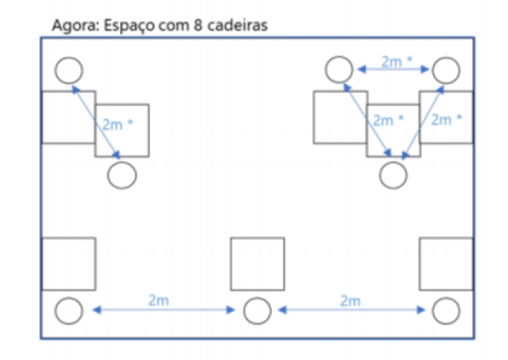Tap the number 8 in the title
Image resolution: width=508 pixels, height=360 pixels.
click(195, 26)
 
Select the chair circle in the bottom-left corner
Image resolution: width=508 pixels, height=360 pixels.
click(69, 311)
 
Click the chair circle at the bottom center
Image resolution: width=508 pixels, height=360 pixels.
click(257, 311)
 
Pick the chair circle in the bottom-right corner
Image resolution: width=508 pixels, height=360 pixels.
click(446, 311)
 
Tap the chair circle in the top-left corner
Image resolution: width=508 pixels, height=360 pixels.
click(69, 70)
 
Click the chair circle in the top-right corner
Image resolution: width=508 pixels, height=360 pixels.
click(446, 70)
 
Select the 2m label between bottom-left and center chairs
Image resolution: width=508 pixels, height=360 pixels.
click(158, 300)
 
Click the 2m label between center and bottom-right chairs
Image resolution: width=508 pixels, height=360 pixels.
click(350, 300)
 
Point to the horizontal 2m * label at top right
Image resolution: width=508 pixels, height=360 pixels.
click(396, 62)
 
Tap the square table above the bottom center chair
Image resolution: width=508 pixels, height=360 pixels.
click(257, 264)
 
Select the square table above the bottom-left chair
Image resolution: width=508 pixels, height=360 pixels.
click(69, 264)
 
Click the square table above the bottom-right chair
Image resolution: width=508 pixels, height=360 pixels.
click(446, 264)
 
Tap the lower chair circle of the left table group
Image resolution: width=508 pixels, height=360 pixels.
click(122, 175)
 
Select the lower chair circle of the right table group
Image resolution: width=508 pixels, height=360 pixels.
click(393, 175)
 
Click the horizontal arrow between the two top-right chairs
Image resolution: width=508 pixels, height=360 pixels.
click(393, 70)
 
